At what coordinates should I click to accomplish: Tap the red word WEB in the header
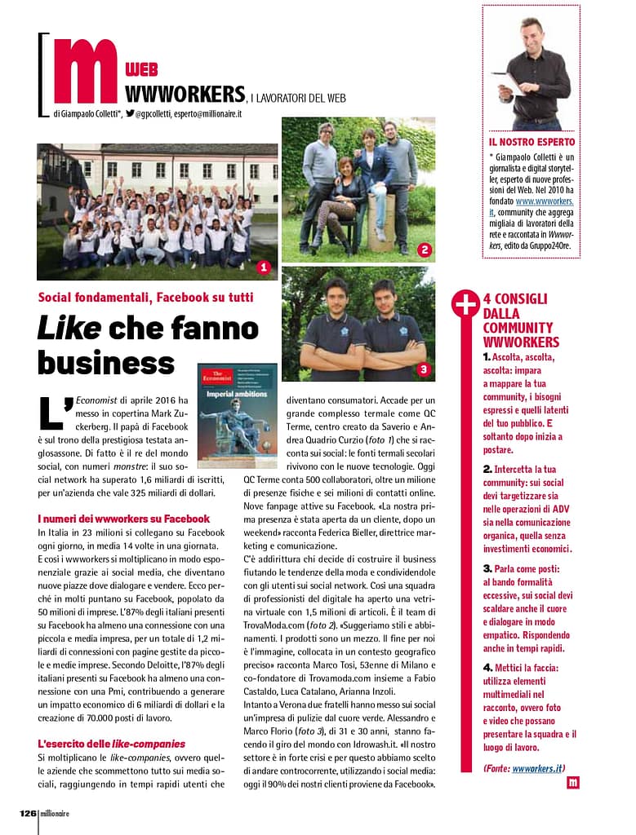click(142, 70)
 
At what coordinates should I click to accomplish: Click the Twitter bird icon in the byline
click(130, 113)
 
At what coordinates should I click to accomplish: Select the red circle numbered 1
click(263, 267)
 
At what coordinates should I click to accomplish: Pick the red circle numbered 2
click(424, 250)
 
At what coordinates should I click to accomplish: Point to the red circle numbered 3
click(423, 369)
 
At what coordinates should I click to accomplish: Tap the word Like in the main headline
click(69, 328)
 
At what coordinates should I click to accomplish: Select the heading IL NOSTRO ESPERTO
click(531, 142)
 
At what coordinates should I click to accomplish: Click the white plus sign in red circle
click(465, 305)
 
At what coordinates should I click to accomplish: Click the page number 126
click(28, 812)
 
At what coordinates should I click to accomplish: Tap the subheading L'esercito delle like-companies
click(112, 743)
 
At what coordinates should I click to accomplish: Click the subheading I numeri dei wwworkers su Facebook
click(123, 518)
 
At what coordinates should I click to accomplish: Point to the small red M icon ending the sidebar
click(572, 783)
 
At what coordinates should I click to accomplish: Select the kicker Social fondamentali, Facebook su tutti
click(145, 297)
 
